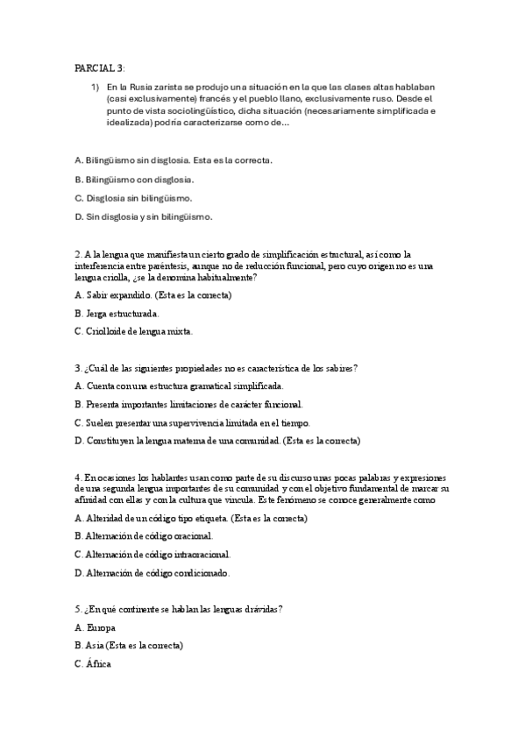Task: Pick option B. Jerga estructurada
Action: (122, 313)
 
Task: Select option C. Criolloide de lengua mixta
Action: (134, 331)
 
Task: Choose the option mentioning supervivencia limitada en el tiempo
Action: (192, 422)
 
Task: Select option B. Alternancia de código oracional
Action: (144, 535)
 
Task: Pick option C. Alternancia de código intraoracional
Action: (153, 554)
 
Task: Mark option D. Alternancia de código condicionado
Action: (153, 573)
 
